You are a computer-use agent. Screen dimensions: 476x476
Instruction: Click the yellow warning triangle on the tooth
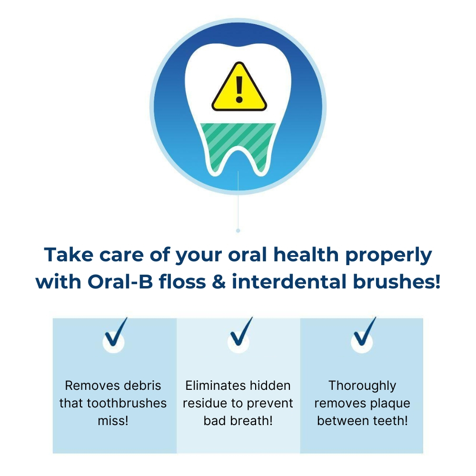point(239,88)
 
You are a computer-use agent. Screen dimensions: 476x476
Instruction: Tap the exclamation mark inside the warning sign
point(239,89)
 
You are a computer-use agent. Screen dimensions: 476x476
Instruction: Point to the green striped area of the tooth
point(238,143)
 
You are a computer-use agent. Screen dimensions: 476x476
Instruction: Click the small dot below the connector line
point(238,231)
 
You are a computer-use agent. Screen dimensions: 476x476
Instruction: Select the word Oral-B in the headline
point(120,281)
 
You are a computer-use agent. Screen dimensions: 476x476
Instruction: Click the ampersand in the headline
point(219,281)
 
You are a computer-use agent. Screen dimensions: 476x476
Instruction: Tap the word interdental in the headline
point(289,281)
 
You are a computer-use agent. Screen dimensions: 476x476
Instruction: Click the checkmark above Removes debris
point(116,332)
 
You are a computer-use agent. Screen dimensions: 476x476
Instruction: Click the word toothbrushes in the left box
point(127,403)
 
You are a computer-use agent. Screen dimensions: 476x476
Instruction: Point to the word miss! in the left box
point(113,421)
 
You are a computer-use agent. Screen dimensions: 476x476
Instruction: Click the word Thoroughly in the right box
point(362,386)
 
